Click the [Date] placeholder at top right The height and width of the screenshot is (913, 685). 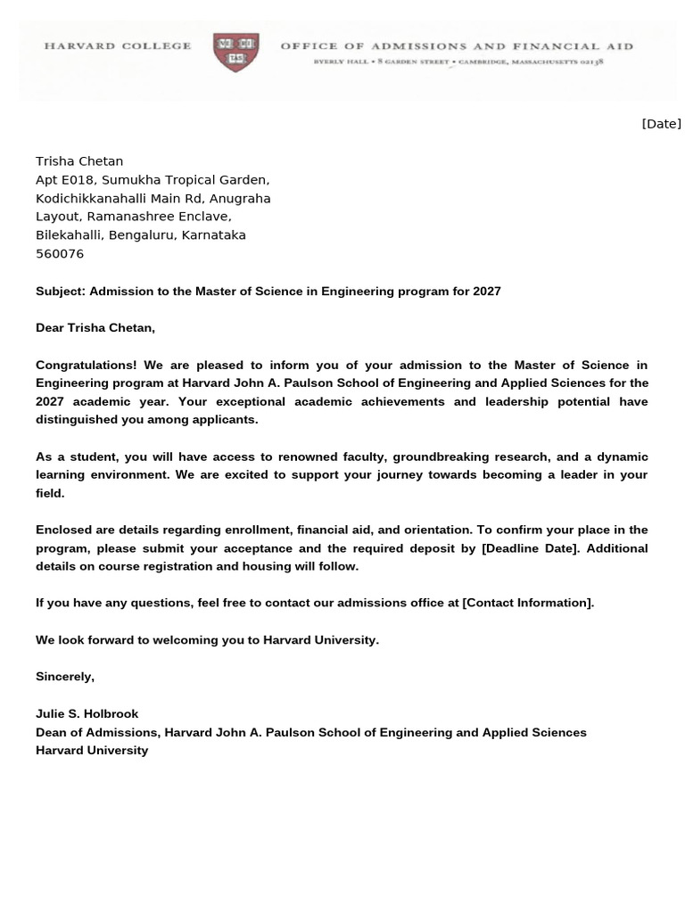[x=661, y=124]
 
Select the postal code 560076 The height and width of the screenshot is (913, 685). [x=60, y=254]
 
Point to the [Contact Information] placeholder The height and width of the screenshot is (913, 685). [x=527, y=603]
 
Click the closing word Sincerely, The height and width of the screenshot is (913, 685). [x=65, y=677]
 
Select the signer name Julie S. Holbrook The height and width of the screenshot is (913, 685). [x=87, y=714]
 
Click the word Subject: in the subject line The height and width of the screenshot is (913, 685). [x=61, y=292]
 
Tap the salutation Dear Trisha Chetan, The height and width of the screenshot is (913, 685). [x=95, y=328]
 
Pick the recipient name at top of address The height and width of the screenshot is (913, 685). [x=79, y=161]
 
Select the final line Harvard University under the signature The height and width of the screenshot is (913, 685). [x=92, y=751]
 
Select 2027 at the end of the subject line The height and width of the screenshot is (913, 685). [x=486, y=292]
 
